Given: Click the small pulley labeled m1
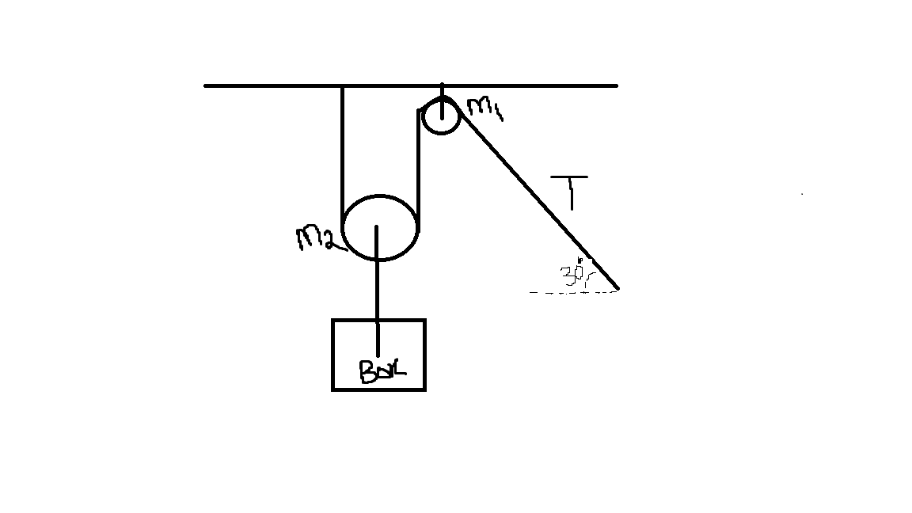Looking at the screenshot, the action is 441,116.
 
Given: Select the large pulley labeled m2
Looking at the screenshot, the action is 380,226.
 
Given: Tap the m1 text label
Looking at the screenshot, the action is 485,108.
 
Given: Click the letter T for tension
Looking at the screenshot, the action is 571,193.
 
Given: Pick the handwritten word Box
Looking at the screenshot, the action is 382,370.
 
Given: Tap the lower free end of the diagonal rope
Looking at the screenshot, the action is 617,288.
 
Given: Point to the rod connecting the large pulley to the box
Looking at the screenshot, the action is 378,289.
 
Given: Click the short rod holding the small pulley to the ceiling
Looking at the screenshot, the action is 442,90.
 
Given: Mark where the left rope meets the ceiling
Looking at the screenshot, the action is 342,85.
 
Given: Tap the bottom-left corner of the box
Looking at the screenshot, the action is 333,389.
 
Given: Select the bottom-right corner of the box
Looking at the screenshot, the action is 424,389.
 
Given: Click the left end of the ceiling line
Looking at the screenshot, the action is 206,85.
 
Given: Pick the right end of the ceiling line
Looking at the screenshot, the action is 616,85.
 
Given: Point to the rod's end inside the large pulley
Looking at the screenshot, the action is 378,228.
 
